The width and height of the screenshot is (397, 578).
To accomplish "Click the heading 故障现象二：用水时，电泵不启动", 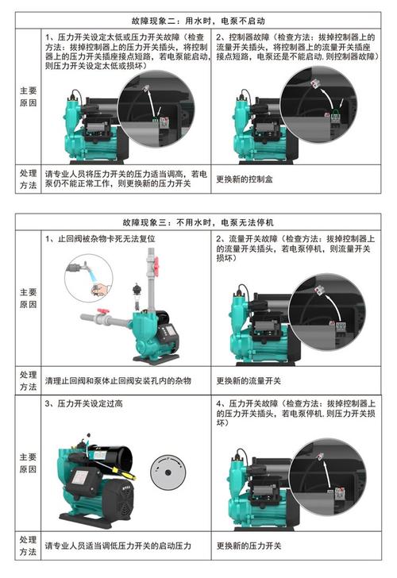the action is [x=198, y=21].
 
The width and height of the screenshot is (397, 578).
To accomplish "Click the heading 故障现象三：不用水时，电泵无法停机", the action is [x=198, y=222].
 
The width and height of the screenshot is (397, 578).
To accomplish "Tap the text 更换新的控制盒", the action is [x=244, y=179].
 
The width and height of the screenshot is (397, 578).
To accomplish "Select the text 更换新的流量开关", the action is [x=249, y=381].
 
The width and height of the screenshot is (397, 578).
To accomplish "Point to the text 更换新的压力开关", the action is [x=249, y=545].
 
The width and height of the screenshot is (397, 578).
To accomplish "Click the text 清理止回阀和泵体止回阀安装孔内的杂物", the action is [x=118, y=381].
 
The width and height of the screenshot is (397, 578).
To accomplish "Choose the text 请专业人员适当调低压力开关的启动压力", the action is [x=118, y=545].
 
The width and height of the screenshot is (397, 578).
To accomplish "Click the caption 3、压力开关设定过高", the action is [x=83, y=403].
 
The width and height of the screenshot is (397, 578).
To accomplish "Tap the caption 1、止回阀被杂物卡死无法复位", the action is [x=100, y=238].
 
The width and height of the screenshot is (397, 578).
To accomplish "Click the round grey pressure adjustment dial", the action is [x=168, y=472].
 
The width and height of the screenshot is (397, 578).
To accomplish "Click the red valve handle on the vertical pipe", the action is [x=156, y=265].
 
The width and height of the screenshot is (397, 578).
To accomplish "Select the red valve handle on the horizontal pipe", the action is [x=103, y=311].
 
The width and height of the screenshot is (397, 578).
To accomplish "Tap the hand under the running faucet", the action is [x=100, y=288].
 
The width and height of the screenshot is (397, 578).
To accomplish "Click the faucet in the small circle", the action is [x=78, y=268].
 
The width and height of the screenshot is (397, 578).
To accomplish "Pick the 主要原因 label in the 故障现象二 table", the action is [x=28, y=97].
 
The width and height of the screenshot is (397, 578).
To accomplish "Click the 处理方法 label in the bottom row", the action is [x=28, y=545].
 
